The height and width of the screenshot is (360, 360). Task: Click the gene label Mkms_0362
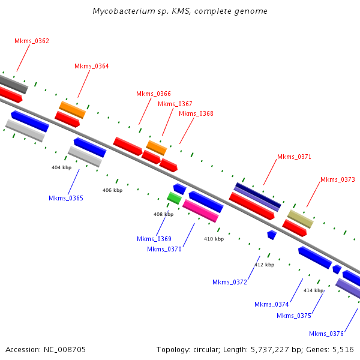[x=32, y=41]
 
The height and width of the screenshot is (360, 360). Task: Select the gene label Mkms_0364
[x=91, y=67]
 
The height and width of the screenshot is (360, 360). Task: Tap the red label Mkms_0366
[x=153, y=94]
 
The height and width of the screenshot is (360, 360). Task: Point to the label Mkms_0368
[x=196, y=114]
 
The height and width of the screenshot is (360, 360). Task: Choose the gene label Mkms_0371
[x=294, y=157]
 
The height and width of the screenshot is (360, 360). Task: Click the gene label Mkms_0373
[x=337, y=179]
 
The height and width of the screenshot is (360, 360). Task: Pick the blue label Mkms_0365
[x=66, y=198]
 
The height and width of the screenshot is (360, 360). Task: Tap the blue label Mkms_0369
[x=154, y=239]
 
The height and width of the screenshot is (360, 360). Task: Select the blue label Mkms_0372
[x=230, y=283]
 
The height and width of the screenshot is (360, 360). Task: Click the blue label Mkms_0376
[x=326, y=334]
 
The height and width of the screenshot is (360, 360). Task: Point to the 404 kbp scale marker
[x=61, y=168]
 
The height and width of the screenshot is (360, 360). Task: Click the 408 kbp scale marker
[x=163, y=214]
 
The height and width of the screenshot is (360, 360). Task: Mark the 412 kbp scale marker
[x=264, y=265]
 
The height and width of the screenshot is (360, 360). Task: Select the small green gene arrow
[x=174, y=197]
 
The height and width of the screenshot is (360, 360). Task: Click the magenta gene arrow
[x=200, y=211]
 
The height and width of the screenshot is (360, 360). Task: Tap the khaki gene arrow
[x=300, y=219]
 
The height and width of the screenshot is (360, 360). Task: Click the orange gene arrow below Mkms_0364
[x=72, y=109]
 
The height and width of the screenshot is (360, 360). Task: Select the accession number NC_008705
[x=63, y=349]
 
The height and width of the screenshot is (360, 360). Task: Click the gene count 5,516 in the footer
[x=343, y=349]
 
